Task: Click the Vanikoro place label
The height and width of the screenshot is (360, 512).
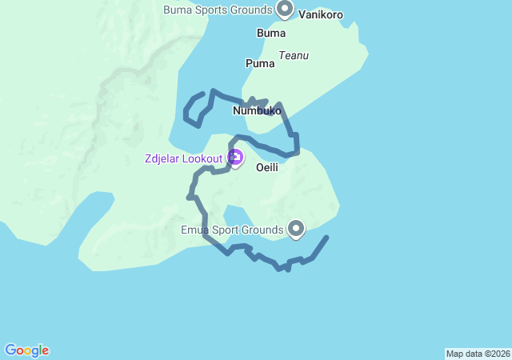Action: (320, 14)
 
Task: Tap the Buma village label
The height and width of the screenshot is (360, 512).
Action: (270, 33)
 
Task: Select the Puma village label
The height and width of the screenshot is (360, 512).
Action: (261, 62)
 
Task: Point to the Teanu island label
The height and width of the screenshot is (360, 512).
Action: (294, 56)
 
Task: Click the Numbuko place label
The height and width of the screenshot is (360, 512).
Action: (257, 110)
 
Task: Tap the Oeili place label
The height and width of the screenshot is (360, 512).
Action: (266, 167)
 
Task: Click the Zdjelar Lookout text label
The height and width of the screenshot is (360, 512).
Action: (183, 158)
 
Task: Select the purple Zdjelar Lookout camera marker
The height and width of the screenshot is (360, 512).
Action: (235, 158)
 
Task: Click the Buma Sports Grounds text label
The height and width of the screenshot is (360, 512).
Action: (218, 10)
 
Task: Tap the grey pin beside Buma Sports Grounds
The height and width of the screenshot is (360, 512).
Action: (285, 8)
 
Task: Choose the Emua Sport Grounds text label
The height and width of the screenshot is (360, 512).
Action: (231, 230)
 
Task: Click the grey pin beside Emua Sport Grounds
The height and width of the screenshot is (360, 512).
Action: (296, 229)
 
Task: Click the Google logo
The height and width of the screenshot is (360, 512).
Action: (26, 350)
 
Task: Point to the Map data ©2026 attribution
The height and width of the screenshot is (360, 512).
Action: (478, 354)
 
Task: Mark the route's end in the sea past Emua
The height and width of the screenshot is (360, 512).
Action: (326, 238)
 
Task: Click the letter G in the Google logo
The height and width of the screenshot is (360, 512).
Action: (10, 350)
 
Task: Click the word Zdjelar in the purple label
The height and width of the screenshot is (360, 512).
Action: (162, 158)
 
